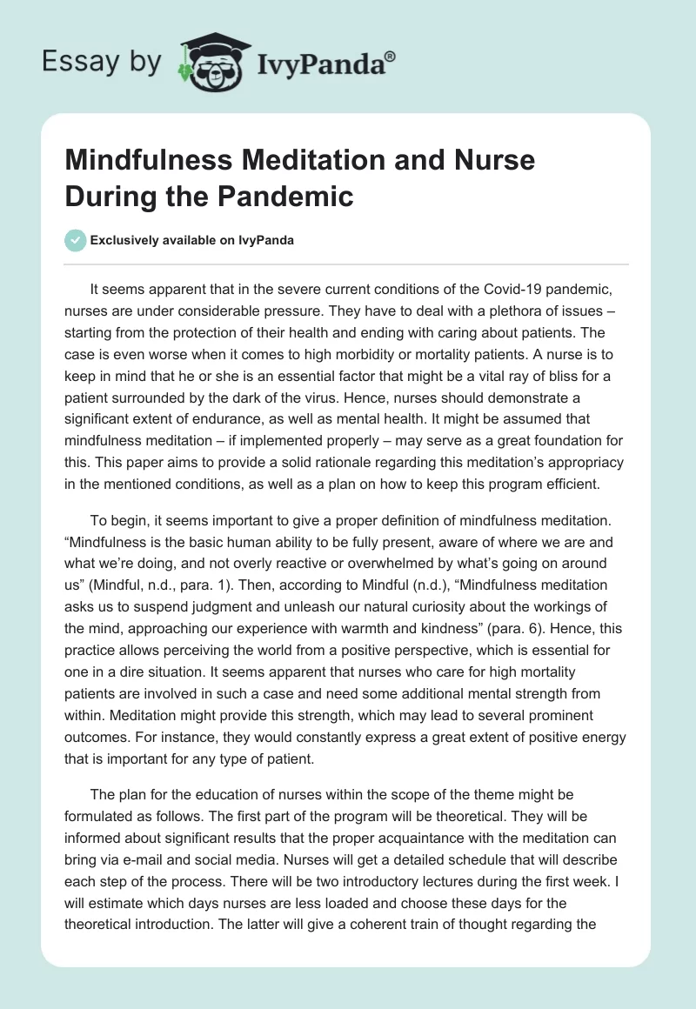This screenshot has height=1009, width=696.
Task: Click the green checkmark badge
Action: coord(76,240)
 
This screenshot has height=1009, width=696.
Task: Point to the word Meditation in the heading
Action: coord(277,160)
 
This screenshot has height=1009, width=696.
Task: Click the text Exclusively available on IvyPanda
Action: coord(194,240)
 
